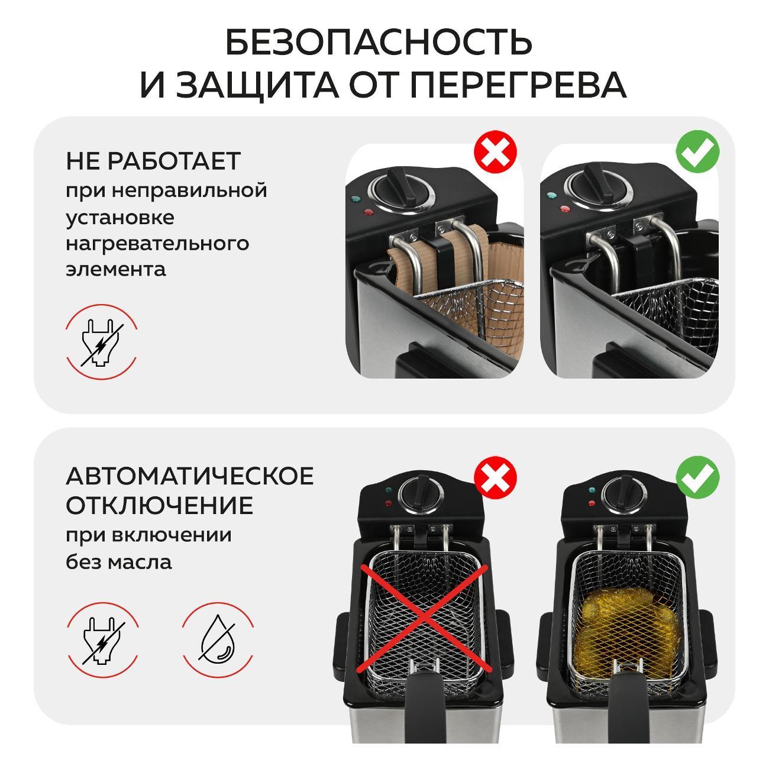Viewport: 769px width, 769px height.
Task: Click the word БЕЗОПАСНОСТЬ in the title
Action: [379, 42]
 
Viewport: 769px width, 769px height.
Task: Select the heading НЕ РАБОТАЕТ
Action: [153, 161]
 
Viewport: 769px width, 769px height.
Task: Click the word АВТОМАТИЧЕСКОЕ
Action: [190, 476]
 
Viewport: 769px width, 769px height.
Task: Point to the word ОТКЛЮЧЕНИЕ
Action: [159, 506]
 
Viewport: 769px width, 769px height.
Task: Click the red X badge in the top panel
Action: [496, 152]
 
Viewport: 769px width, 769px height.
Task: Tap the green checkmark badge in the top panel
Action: [697, 151]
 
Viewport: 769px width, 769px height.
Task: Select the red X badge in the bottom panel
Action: [496, 477]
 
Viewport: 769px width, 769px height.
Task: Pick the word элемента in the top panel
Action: [116, 270]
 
